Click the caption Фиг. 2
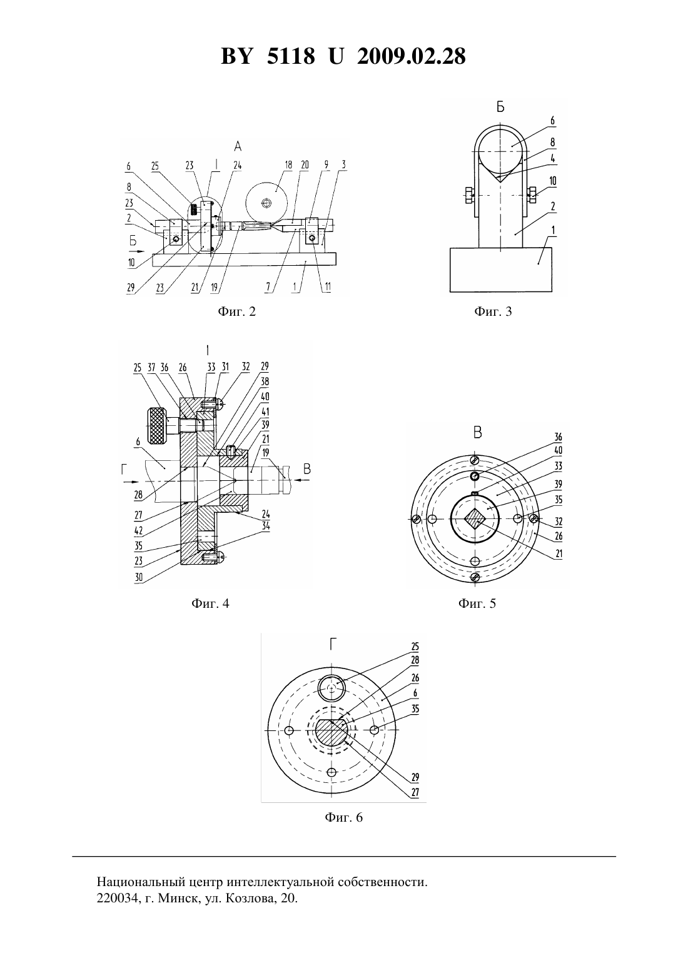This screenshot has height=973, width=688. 236,311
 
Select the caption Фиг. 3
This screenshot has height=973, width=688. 493,311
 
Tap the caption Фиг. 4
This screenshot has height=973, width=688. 210,603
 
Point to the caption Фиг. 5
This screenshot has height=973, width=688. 477,603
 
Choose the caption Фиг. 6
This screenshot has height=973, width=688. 343,817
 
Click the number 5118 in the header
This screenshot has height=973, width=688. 291,56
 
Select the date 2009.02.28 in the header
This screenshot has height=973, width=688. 412,56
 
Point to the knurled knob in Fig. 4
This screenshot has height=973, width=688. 158,426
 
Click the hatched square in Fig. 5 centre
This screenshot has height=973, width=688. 475,518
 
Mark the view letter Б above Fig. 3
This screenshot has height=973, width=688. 500,107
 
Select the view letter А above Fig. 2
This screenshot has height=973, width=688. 238,146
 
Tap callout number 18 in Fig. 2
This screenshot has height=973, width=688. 288,164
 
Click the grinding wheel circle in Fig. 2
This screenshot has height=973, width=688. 267,203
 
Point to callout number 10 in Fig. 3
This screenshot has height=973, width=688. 552,181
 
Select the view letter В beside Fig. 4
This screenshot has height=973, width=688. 307,469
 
